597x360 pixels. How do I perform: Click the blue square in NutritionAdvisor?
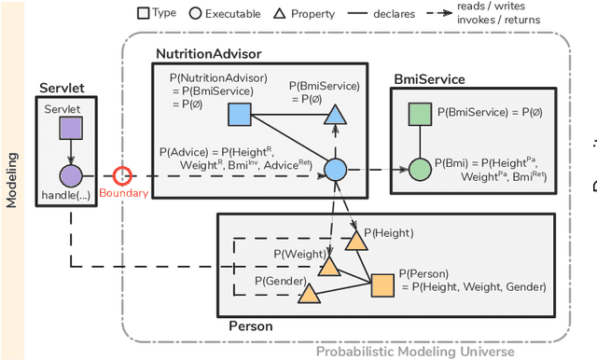239,114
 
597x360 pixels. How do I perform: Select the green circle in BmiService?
420,169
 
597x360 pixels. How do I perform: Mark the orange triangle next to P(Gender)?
308,295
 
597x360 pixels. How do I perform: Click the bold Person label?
251,326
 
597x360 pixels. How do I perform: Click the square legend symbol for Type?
143,13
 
